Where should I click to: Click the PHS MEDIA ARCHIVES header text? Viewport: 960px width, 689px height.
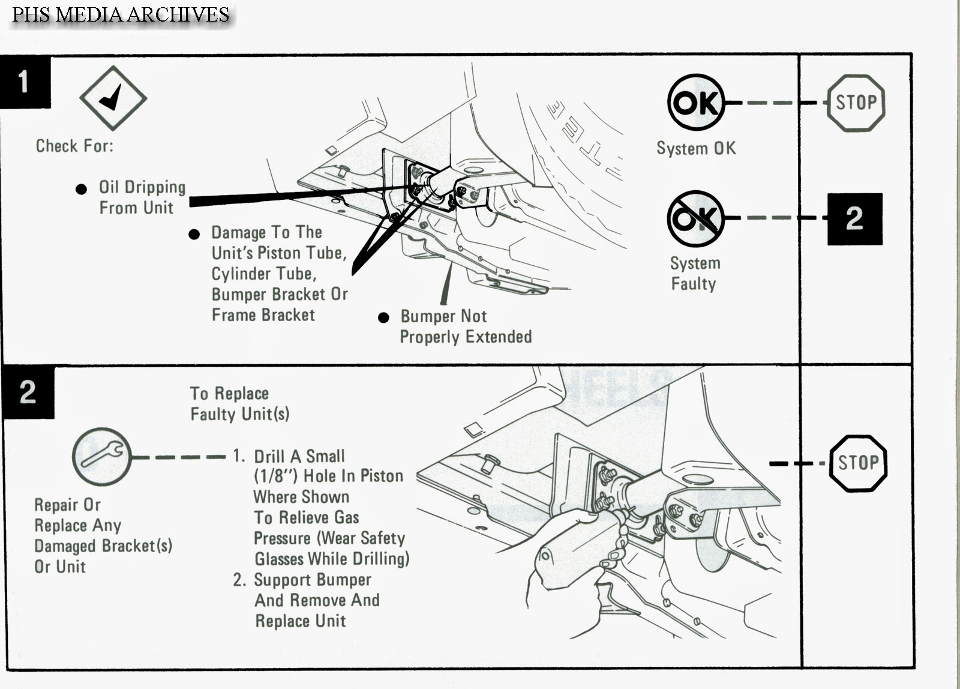[x=121, y=14]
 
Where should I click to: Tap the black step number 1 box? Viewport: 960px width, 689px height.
[x=25, y=82]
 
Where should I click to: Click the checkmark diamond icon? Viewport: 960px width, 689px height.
[x=113, y=98]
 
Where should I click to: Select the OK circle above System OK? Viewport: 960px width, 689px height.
[x=695, y=103]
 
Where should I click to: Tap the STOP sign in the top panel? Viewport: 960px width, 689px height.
[x=856, y=103]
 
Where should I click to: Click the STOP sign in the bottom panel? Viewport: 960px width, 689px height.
[x=858, y=463]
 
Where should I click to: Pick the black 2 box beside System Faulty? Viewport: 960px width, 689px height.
[x=854, y=219]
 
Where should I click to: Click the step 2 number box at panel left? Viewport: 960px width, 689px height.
[x=28, y=393]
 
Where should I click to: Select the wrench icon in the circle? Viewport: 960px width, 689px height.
[x=101, y=457]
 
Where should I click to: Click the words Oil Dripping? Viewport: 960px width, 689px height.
[x=142, y=187]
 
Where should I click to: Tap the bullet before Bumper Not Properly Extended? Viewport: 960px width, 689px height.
[x=384, y=317]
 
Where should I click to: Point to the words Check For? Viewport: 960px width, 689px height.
[x=74, y=146]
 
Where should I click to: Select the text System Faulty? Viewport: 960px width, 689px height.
[x=694, y=273]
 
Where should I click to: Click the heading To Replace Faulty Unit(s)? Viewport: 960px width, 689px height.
[x=239, y=403]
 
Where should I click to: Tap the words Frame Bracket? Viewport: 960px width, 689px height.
[x=263, y=315]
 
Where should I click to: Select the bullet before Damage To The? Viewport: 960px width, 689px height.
[x=194, y=234]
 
